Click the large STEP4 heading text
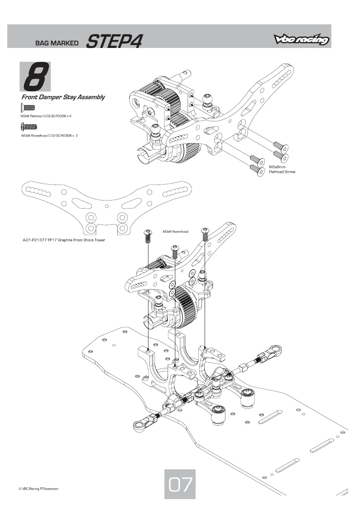[114, 41]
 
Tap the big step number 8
[36, 77]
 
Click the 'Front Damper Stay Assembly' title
[63, 97]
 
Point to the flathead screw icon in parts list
[28, 108]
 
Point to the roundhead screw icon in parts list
[29, 126]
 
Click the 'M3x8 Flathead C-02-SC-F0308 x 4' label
[46, 116]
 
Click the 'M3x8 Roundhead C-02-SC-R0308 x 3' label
[50, 135]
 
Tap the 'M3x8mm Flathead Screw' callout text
[282, 169]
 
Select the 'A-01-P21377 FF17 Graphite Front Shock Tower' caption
[64, 240]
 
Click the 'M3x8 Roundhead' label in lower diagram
[175, 231]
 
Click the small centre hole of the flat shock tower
[106, 206]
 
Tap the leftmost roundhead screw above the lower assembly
[147, 236]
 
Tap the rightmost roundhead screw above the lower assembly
[205, 234]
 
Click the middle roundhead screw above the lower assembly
[175, 252]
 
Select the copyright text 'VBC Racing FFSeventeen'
[38, 489]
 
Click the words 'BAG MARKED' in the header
[57, 43]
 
